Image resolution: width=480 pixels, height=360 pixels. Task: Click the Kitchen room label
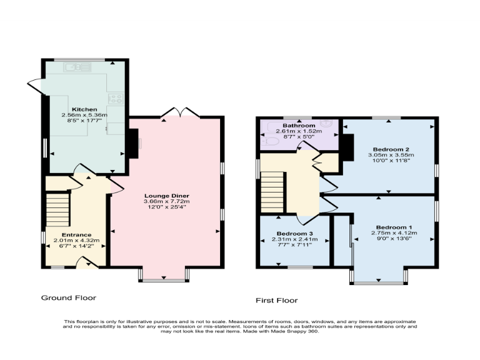coord(84,109)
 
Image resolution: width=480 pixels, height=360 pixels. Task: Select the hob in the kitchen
coord(116,98)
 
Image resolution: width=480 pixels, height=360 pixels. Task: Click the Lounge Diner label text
coord(167,196)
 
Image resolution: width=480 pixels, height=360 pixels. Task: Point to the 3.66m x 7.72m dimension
coord(167,202)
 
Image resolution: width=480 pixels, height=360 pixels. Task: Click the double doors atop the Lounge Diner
coord(180,112)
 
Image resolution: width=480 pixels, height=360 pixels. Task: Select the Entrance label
coord(76,234)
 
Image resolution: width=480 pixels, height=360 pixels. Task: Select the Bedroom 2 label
coord(391,149)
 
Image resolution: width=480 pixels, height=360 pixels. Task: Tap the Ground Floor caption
coord(69,298)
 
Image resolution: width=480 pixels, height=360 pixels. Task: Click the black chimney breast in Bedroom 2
coord(344,147)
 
